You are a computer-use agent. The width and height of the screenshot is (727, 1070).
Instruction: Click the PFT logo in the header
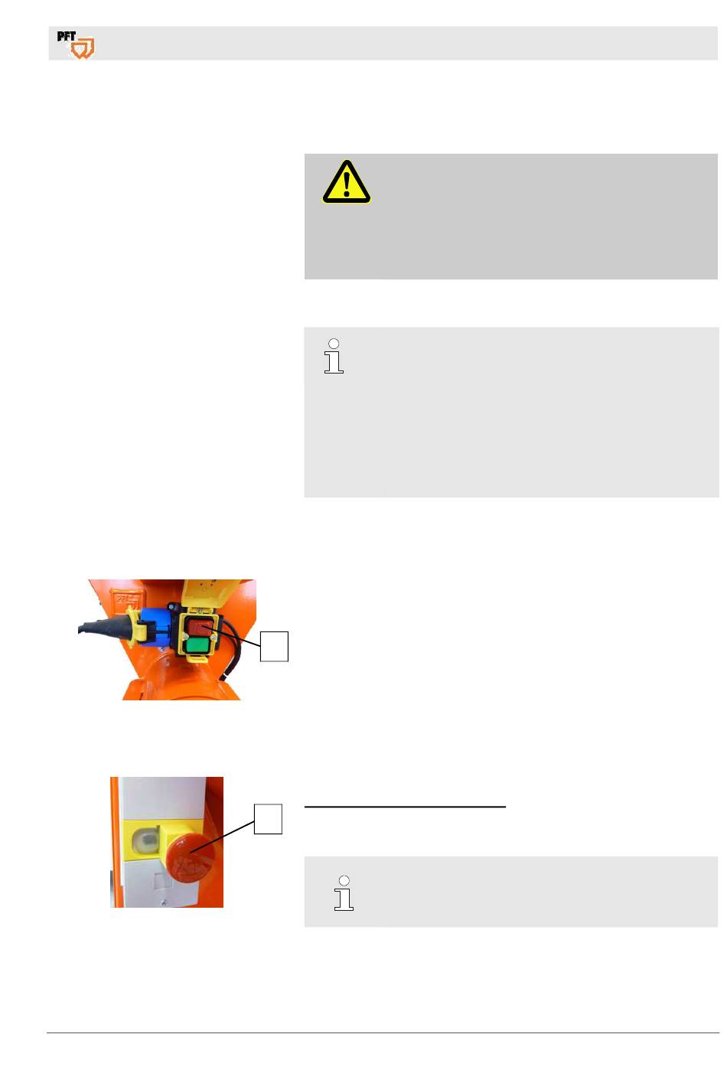(x=76, y=44)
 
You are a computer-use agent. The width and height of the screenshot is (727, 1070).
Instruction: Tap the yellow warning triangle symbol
(x=347, y=182)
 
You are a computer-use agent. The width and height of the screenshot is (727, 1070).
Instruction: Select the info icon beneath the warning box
(x=334, y=356)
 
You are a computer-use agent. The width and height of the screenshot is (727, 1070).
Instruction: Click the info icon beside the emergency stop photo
(x=344, y=893)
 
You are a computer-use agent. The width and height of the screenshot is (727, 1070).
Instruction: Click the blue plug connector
(x=157, y=626)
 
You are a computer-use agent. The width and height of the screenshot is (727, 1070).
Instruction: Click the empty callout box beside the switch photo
(x=274, y=646)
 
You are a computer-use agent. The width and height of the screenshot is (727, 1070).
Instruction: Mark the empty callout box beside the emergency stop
(x=268, y=819)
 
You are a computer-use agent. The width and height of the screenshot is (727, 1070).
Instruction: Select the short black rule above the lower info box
(x=405, y=807)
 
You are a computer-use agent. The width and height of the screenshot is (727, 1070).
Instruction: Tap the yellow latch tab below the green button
(x=197, y=659)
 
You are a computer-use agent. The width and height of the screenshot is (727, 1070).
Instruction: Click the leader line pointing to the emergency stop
(x=222, y=837)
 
